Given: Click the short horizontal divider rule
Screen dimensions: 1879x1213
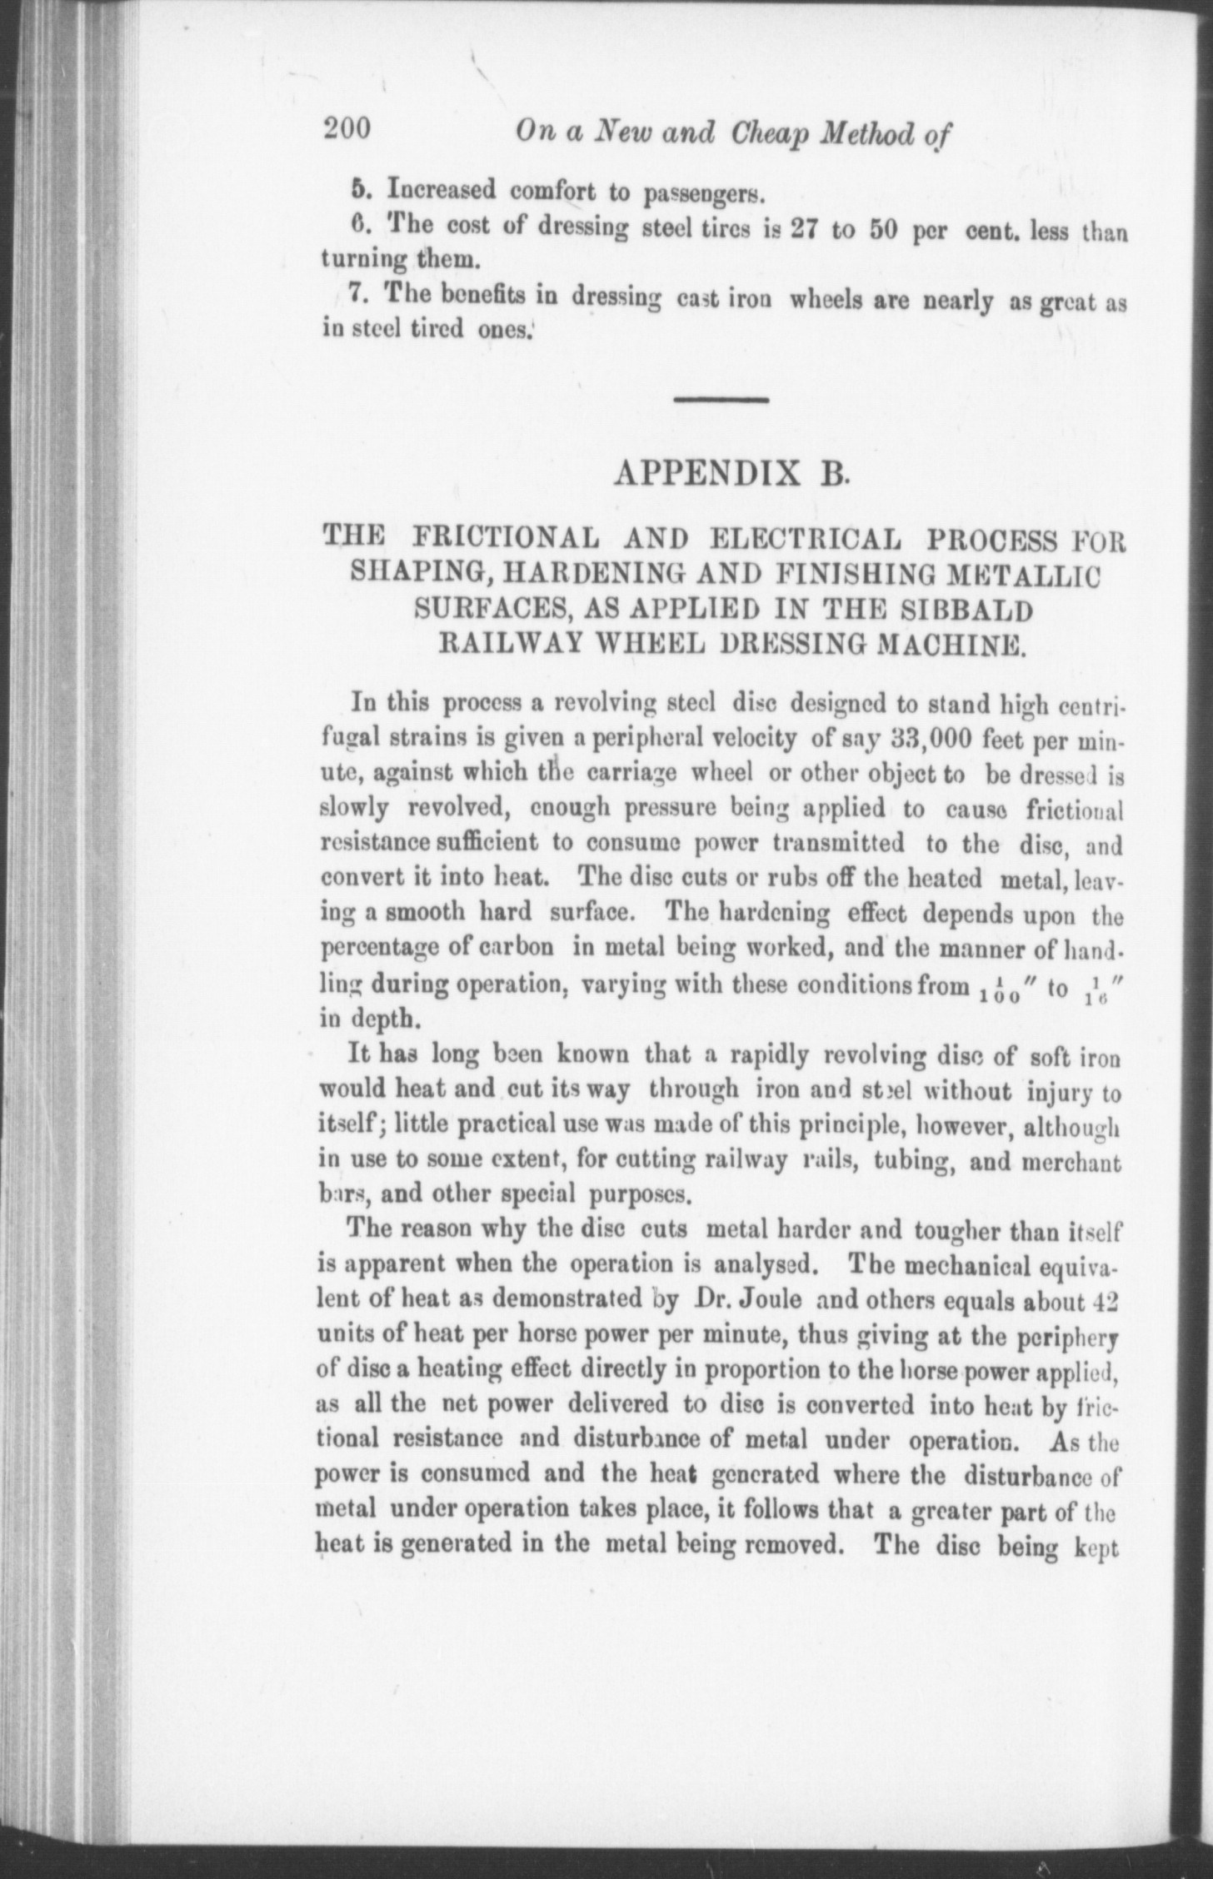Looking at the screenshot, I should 721,401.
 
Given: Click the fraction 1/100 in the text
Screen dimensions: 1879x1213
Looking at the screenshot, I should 997,989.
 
